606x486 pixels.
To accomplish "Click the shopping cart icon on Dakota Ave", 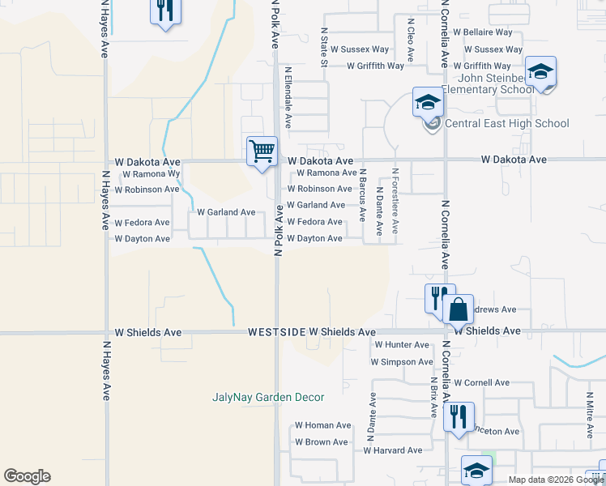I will pos(262,151).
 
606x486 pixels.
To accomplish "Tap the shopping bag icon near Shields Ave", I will pos(458,309).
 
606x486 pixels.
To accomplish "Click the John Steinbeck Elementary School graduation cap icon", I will pos(540,72).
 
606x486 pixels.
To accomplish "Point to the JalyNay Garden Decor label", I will pos(268,397).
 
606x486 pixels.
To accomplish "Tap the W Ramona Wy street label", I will pos(149,174).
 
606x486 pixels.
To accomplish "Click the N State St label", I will pos(324,46).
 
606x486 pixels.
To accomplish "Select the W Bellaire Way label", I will pos(483,32).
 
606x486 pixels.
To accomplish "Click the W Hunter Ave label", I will pos(402,345).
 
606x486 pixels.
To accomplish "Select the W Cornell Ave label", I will pos(481,382).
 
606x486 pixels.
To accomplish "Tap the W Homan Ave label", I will pos(322,425).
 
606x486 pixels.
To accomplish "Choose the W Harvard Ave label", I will pos(393,450).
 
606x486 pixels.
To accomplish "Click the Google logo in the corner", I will pos(27,476).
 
